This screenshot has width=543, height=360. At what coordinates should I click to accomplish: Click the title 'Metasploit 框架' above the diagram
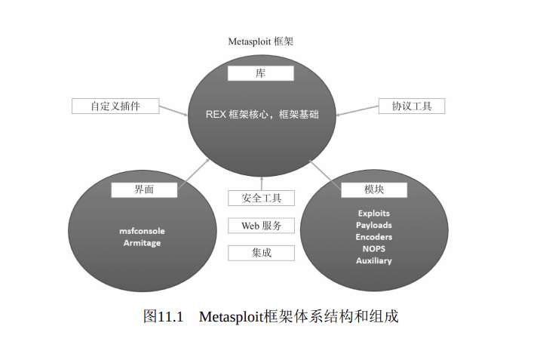click(260, 42)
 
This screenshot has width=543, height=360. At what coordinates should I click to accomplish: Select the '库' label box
click(261, 73)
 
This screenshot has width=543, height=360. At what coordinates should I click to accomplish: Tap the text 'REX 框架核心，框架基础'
click(261, 114)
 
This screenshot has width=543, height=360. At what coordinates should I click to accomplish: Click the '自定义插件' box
click(115, 106)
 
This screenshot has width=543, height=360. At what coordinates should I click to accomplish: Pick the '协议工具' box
click(412, 106)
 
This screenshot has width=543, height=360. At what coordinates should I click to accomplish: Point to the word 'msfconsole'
click(142, 230)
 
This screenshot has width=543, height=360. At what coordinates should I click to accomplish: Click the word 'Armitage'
click(142, 243)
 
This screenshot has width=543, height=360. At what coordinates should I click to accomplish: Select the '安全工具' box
click(261, 198)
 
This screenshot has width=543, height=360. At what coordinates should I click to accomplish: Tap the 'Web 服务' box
click(261, 226)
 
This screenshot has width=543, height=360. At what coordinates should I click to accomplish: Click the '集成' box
click(261, 253)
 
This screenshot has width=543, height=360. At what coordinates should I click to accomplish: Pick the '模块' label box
click(374, 189)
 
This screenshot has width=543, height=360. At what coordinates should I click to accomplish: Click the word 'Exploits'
click(374, 214)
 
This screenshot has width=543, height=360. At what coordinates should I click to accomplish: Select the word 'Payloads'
click(374, 225)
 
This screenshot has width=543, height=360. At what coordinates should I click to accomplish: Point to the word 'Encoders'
click(374, 237)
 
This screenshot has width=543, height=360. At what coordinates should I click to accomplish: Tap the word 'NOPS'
click(374, 248)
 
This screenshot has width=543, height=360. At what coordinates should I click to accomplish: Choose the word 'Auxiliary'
click(374, 260)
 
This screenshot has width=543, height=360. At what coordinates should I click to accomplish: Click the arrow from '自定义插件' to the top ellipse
click(174, 111)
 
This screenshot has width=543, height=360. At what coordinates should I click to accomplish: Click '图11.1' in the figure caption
click(163, 316)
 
